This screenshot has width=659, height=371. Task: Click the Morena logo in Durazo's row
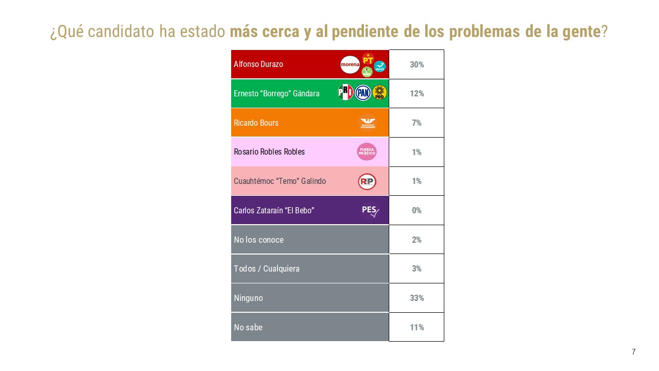(x=350, y=64)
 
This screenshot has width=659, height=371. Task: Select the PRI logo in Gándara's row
(x=345, y=93)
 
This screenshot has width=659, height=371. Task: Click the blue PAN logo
(x=363, y=93)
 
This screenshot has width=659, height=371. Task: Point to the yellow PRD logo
(x=379, y=93)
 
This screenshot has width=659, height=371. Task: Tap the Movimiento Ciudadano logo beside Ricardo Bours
(x=367, y=123)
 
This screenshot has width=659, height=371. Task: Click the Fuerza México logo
(x=367, y=151)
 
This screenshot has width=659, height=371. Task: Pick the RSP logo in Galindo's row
(x=367, y=181)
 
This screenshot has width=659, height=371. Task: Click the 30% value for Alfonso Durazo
(x=417, y=64)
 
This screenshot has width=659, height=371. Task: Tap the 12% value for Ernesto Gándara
(x=417, y=93)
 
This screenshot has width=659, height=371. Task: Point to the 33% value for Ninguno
(x=417, y=298)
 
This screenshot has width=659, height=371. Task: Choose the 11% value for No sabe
(x=417, y=327)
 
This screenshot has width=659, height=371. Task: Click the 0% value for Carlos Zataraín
(x=417, y=210)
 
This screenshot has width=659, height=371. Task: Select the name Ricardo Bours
(x=256, y=123)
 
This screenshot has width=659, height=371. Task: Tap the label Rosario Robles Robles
(x=269, y=152)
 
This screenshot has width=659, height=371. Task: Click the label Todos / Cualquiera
(x=267, y=268)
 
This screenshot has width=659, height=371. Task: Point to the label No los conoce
(x=258, y=240)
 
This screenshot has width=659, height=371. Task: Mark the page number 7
(x=634, y=352)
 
